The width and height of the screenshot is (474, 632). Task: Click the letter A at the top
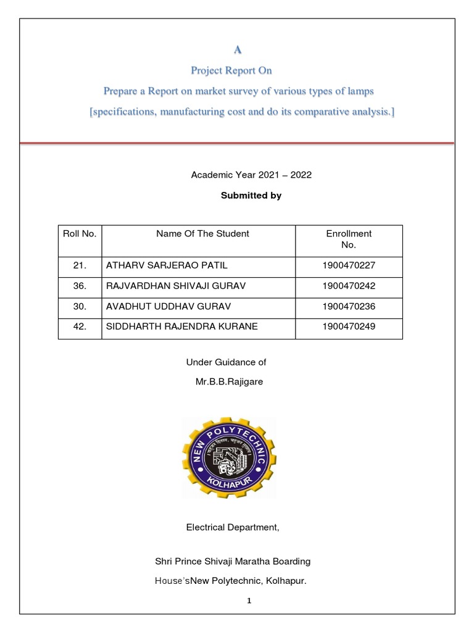point(237,49)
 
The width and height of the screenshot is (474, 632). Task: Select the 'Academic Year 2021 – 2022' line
point(251,175)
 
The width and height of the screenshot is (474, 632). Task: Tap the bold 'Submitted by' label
point(251,196)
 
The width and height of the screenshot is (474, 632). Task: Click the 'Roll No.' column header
point(80,234)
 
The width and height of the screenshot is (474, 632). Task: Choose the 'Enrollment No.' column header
point(349,239)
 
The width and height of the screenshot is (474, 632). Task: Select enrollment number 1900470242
point(349,286)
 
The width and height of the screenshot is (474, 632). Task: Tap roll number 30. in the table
point(80,307)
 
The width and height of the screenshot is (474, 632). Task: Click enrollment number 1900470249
point(349,327)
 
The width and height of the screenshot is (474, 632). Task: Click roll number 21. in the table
point(80,266)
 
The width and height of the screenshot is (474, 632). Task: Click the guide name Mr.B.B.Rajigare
point(229,382)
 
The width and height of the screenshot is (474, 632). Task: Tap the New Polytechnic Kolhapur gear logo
point(229,457)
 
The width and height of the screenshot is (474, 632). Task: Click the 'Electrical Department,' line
point(233,528)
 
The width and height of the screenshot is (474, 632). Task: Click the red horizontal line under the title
point(237,143)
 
